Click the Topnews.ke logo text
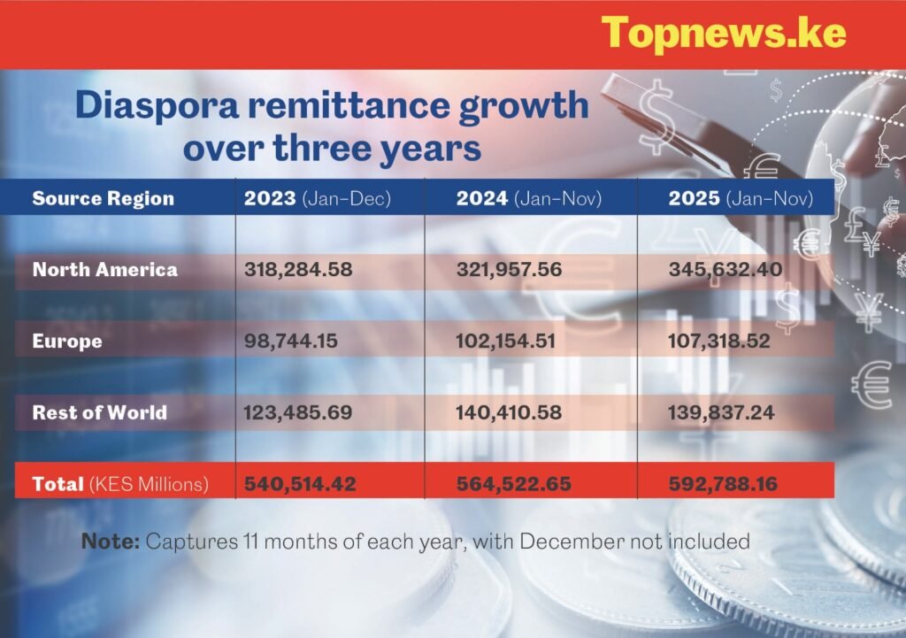pos(723,34)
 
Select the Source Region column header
pos(103,197)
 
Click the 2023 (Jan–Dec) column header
pos(315,197)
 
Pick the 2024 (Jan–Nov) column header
pos(528,197)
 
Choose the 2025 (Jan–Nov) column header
pos(740,197)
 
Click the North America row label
pos(104,269)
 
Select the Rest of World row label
pos(99,412)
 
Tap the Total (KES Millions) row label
pos(120,484)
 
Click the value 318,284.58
pos(298,269)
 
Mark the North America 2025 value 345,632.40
pos(725,269)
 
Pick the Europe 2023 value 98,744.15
pos(291,341)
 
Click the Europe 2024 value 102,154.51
pos(506,341)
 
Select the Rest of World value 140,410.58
pos(510,412)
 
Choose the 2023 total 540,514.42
pos(300,484)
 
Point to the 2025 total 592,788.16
pos(726,484)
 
